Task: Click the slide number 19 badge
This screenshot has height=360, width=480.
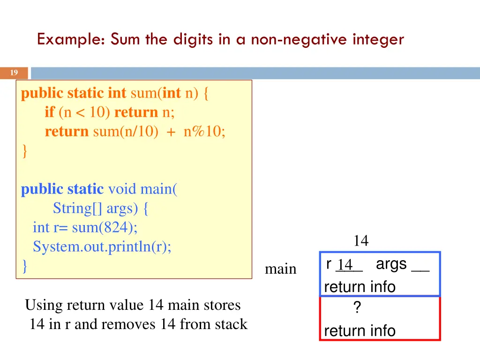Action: [14, 73]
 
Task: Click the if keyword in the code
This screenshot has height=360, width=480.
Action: [50, 112]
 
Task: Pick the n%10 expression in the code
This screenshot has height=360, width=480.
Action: [204, 132]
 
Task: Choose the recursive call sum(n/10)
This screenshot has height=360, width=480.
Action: [123, 132]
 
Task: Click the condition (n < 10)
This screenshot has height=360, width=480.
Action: [84, 112]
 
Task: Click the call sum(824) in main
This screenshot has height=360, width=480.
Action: [105, 228]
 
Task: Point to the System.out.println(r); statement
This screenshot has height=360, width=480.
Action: [102, 247]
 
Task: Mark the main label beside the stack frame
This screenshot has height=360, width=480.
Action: [280, 269]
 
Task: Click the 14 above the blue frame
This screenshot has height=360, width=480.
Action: [361, 241]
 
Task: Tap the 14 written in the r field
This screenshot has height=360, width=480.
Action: [345, 265]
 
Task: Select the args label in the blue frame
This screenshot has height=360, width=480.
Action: [391, 264]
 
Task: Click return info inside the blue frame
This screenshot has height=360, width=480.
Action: [360, 287]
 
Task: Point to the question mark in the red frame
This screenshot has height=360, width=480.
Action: [357, 308]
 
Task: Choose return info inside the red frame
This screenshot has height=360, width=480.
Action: [360, 331]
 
